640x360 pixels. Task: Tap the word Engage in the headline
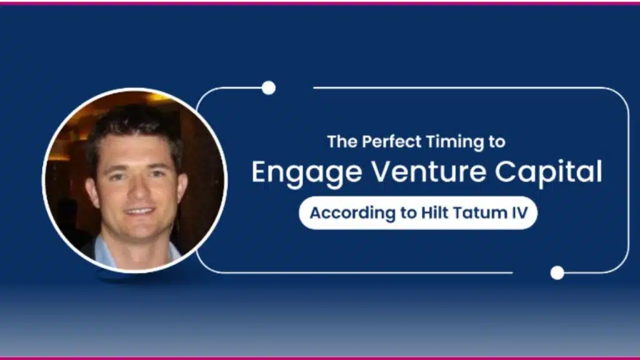[306, 172]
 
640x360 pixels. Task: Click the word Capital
[549, 172]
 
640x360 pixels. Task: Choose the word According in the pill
[352, 213]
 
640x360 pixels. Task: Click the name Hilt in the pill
[435, 212]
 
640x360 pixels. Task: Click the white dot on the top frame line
[269, 87]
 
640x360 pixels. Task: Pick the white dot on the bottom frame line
[557, 272]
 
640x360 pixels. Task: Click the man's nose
[138, 191]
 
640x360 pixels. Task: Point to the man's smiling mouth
[139, 212]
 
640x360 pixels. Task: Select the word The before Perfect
[343, 142]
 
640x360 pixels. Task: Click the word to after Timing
[497, 142]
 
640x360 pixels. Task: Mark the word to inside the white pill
[408, 213]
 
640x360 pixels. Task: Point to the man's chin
[139, 232]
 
